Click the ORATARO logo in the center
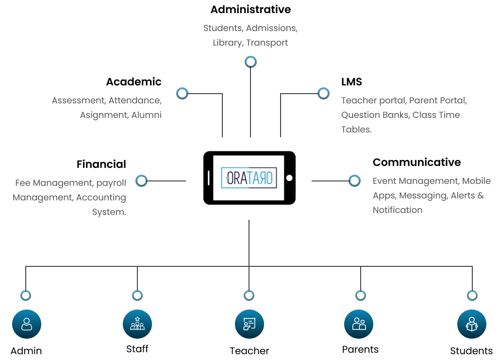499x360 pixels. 249,178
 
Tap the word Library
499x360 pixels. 227,43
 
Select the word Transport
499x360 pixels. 267,43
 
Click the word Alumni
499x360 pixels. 146,115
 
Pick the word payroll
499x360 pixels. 111,183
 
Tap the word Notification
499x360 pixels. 398,210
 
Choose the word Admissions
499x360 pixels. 271,28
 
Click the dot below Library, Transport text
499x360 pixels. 250,62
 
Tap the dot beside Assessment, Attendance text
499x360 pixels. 182,93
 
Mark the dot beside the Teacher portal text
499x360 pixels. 323,93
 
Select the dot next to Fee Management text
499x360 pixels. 141,180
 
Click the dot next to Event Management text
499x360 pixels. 355,180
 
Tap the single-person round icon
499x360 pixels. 27,324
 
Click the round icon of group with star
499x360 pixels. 137,324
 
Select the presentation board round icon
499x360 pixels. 249,324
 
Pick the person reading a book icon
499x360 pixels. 471,324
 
